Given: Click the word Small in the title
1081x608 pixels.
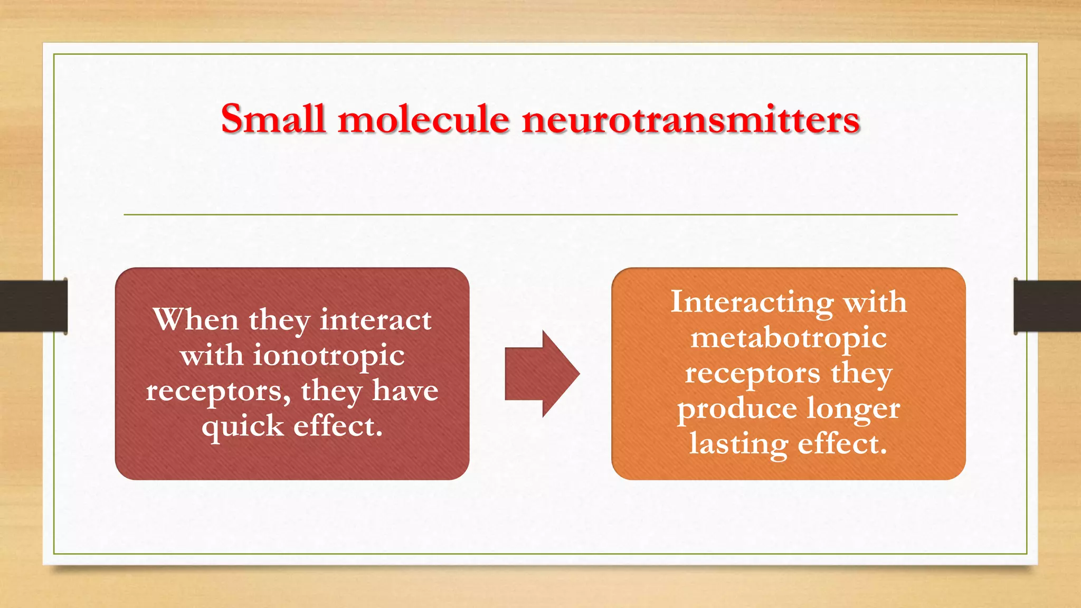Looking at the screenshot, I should [272, 119].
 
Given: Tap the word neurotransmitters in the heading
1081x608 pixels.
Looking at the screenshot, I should [691, 120].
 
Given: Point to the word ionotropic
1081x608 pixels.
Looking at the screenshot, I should [329, 356].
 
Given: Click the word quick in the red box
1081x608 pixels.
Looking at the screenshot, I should [242, 426].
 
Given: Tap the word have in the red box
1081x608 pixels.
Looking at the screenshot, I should [405, 391].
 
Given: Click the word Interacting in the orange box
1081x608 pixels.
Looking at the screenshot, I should [752, 302].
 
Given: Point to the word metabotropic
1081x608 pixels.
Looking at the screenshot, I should [789, 338].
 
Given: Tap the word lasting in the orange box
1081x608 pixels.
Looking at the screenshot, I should [738, 443].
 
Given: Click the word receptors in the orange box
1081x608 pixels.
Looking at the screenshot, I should [752, 373].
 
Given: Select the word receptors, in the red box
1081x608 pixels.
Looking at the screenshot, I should [218, 392].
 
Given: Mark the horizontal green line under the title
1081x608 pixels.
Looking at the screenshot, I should [540, 215].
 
